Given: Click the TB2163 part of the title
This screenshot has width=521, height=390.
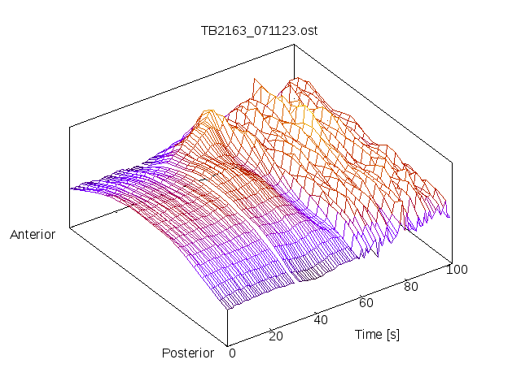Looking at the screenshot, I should point(220,31).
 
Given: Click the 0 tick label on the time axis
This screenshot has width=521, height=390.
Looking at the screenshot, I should point(232,353).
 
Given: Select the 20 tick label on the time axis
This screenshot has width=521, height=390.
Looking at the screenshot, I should point(276,336).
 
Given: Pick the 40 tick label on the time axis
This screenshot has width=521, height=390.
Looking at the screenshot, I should point(321,319).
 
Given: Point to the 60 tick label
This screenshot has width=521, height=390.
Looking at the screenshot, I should point(366,302).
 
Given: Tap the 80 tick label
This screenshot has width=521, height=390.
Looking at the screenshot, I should point(411,286).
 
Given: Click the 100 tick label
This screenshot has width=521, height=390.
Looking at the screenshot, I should point(457,270).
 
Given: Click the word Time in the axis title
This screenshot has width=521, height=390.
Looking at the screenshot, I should point(366,334).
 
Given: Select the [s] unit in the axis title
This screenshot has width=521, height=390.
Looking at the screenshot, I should point(393,334).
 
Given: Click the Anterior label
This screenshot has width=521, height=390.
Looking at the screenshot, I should point(33,235).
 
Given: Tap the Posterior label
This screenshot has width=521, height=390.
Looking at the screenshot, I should point(187,353).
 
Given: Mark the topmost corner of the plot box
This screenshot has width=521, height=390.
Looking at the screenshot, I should point(294,45).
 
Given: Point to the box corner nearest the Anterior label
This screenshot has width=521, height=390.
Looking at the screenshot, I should point(70,228).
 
